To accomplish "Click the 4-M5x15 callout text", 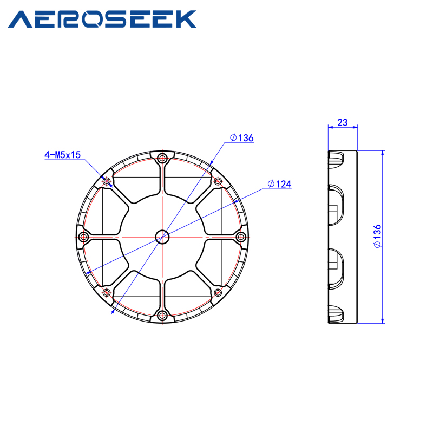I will (x=62, y=155).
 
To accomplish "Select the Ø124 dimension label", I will (x=279, y=185).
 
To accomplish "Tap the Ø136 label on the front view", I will (x=241, y=138).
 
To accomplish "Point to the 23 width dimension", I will (x=342, y=122).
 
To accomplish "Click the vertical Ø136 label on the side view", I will (x=377, y=236).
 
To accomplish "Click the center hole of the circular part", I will (x=162, y=237).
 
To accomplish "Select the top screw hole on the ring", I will (x=162, y=158).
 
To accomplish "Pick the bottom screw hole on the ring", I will (x=162, y=315).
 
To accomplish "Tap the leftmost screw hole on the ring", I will (x=83, y=237).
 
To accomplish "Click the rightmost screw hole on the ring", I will (x=241, y=237).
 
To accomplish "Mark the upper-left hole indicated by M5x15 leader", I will (x=107, y=181).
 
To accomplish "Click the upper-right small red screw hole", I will (x=218, y=181).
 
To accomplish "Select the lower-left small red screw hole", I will (x=107, y=292).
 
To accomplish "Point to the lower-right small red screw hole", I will (x=218, y=292).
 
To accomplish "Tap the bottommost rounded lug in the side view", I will (x=336, y=314).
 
